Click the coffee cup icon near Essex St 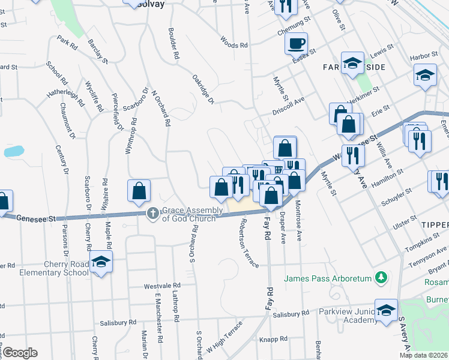pos(297,44)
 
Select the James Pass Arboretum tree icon pos(379,277)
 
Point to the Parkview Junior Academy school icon pos(386,310)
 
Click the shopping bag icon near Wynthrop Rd pos(139,191)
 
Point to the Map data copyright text pos(423,355)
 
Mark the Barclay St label pos(97,52)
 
